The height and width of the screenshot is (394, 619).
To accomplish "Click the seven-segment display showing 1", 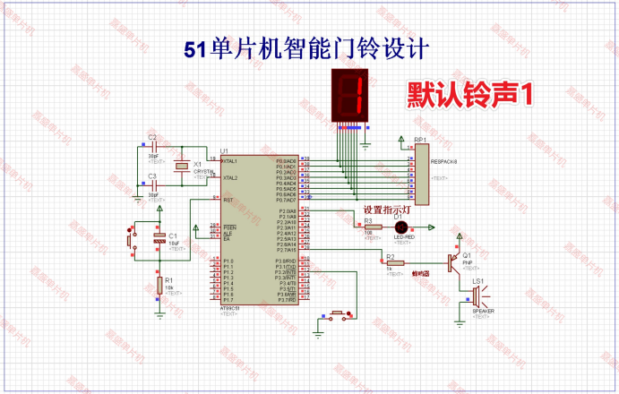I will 350,97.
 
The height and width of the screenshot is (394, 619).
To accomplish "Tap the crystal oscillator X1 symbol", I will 183,166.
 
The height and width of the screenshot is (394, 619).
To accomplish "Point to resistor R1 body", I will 159,285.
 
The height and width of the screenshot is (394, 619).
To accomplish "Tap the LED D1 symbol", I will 401,227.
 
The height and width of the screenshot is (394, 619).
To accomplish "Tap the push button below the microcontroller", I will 338,314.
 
